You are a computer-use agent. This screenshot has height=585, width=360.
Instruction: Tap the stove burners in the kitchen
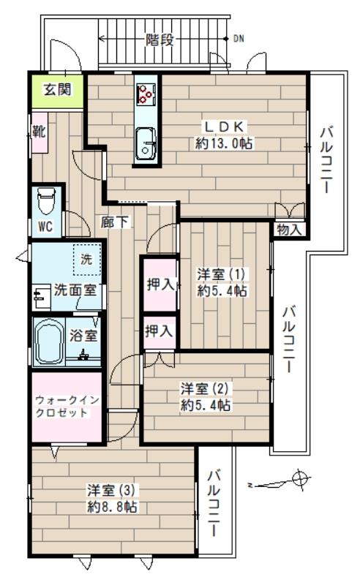tap(146, 94)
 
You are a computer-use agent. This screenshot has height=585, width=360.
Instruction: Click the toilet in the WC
tap(46, 200)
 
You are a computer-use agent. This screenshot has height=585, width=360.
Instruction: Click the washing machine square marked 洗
tap(86, 260)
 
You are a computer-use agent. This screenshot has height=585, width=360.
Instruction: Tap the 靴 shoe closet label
tap(37, 132)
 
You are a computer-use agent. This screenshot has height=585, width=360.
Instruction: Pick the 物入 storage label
tap(289, 230)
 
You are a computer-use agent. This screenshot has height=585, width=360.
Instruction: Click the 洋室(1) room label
tap(222, 275)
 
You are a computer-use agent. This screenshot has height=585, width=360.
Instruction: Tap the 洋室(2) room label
tap(206, 390)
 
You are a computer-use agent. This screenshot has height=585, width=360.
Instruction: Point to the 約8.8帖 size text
tap(112, 507)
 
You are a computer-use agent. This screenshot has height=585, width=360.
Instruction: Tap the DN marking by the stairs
tap(239, 39)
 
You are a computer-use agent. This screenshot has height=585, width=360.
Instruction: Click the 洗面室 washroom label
tap(76, 289)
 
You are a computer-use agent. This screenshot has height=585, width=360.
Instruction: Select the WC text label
tap(45, 225)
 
